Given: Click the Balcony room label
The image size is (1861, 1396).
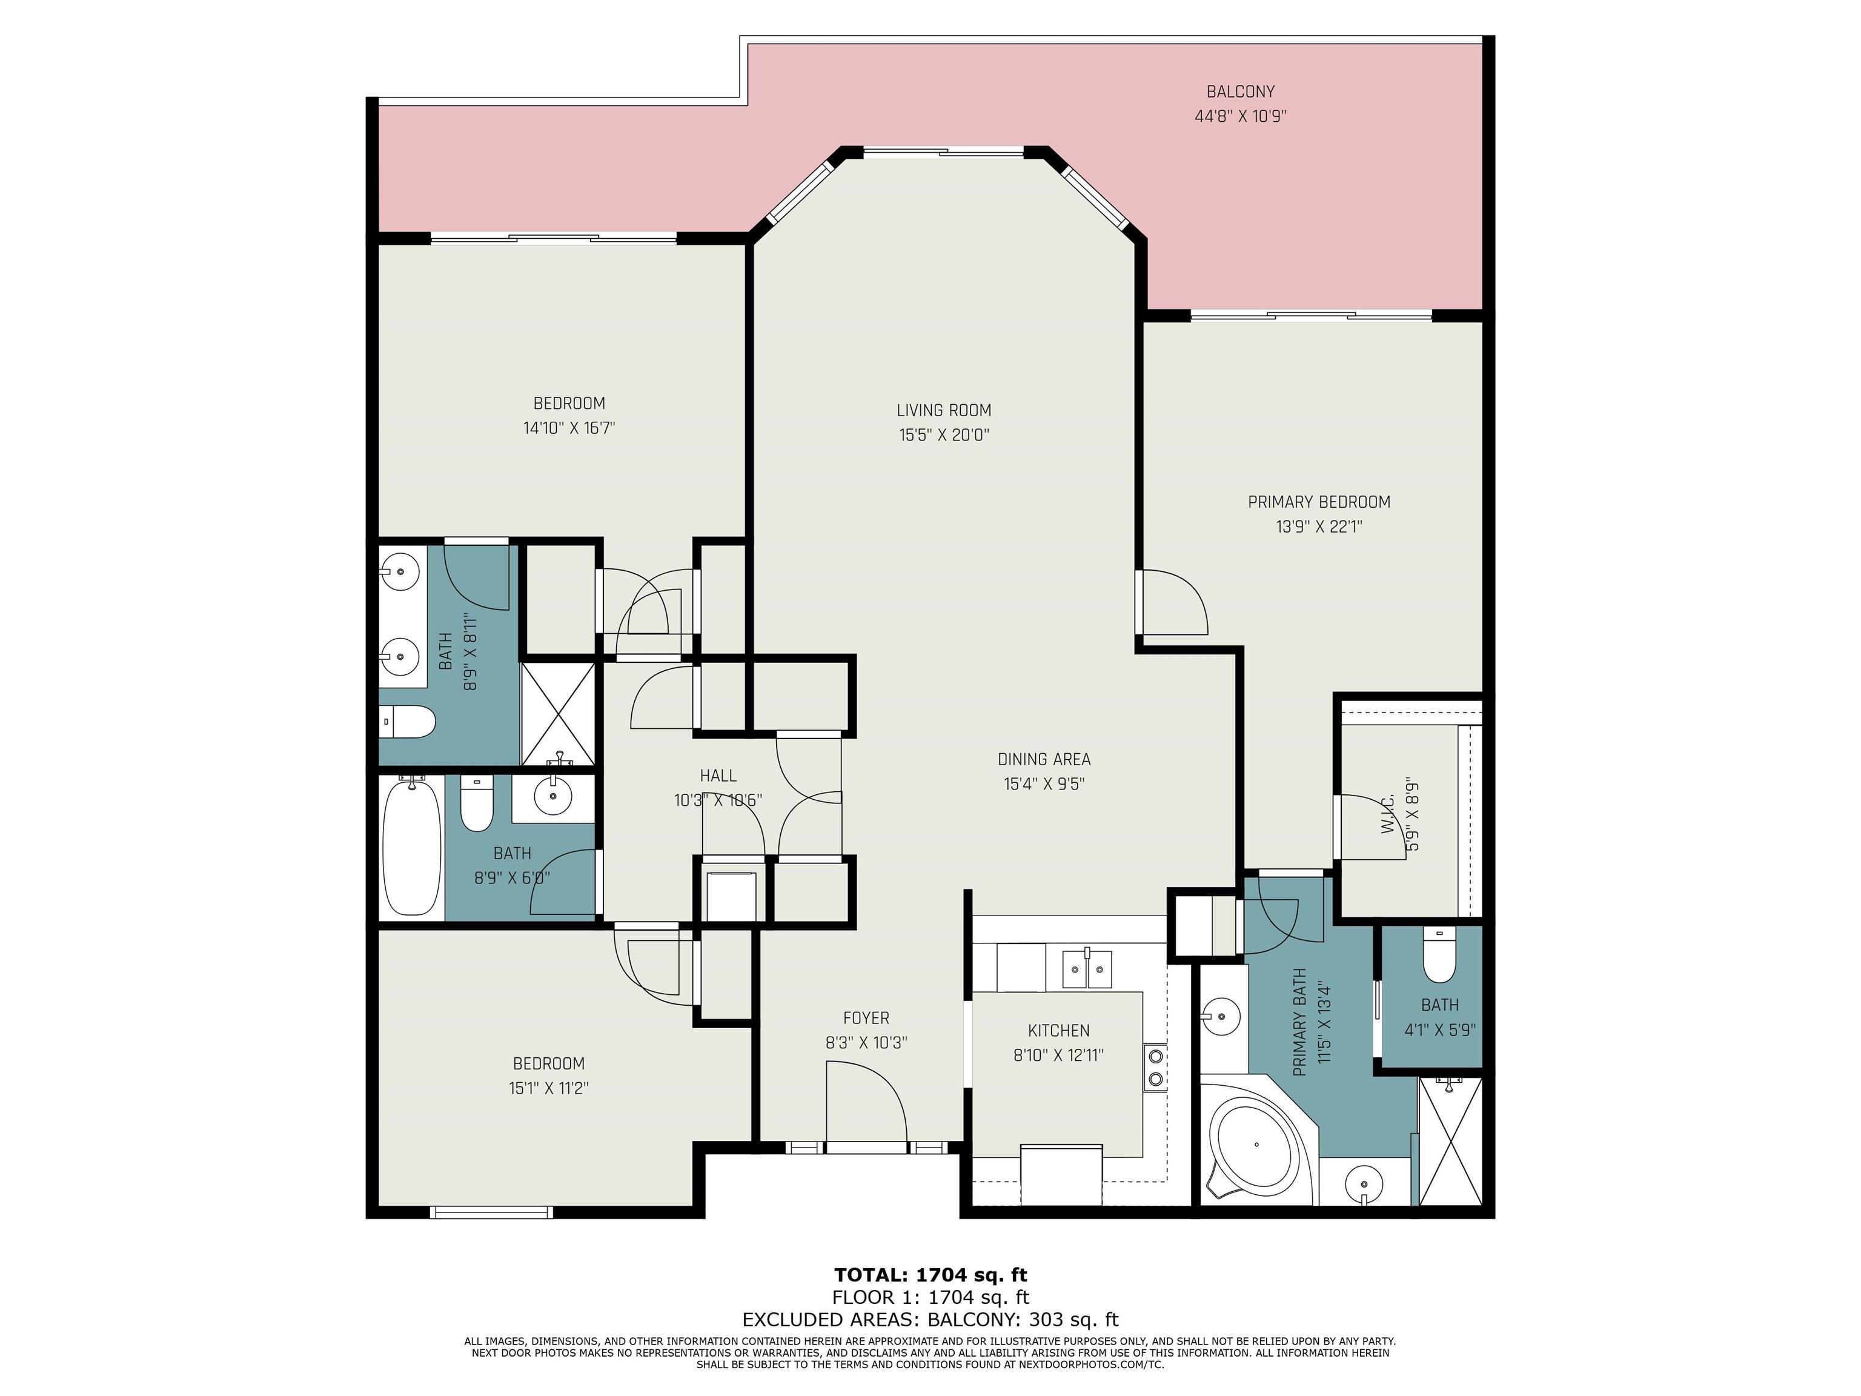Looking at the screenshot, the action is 1240,91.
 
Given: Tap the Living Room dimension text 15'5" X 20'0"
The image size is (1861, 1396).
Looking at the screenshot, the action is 944,435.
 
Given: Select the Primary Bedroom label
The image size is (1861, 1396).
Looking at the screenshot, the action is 1318,502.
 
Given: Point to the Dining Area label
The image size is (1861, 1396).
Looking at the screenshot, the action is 1044,759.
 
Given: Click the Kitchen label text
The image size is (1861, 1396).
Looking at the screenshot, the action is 1058,1030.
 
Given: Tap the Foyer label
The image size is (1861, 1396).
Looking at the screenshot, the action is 866,1018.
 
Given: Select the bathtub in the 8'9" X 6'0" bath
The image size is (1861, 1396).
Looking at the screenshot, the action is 413,846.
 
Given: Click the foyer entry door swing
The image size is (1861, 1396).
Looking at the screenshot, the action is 866,1102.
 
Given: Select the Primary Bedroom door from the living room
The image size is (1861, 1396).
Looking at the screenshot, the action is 1172,602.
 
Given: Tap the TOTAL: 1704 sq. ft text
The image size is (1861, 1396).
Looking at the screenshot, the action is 930,1275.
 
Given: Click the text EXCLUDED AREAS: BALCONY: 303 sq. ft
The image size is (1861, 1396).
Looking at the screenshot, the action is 930,1320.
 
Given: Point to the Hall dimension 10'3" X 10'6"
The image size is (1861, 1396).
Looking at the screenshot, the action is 718,800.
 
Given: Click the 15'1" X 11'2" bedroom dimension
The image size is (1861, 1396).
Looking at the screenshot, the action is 548,1088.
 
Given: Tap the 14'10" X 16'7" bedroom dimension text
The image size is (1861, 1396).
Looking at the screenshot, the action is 569,428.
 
